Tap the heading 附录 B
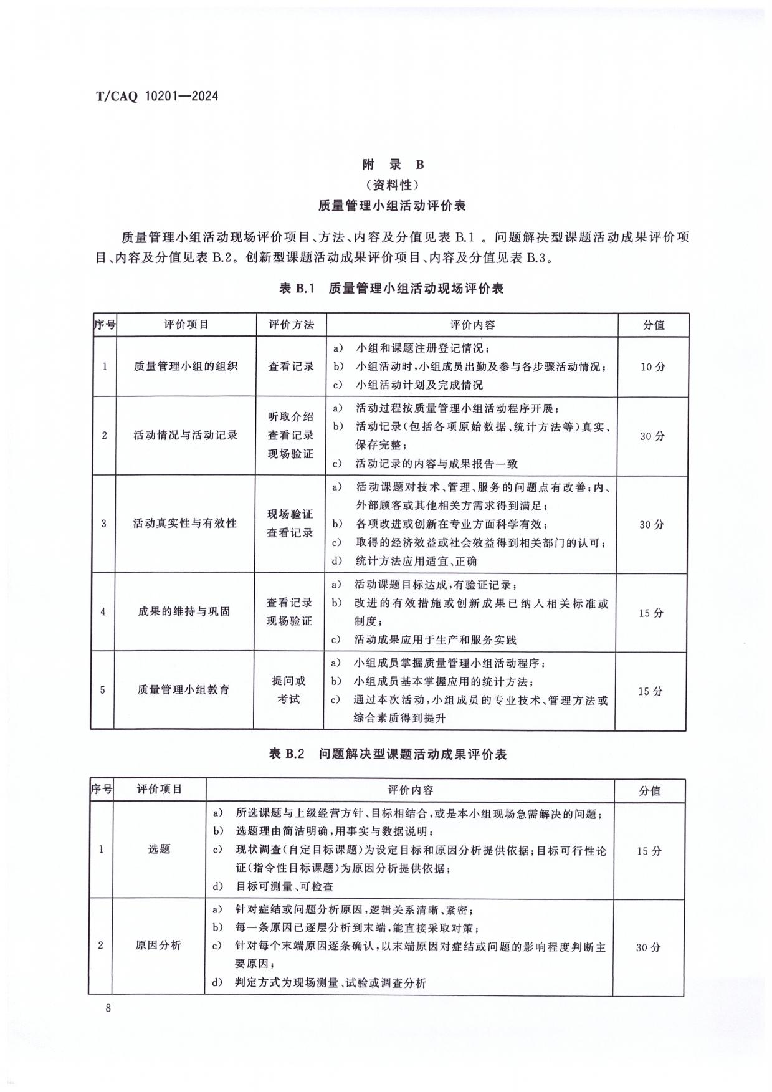393,165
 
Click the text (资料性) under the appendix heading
392,184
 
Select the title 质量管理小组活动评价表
392,205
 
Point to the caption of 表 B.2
388,754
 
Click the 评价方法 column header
291,325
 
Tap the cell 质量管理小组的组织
186,366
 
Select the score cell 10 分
652,367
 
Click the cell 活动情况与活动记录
186,435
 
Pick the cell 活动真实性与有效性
185,524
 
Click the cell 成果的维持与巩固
184,611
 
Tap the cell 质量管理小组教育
183,690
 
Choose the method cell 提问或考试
288,690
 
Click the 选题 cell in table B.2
159,849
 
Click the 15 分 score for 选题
649,851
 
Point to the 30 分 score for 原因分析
648,947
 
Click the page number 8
108,1008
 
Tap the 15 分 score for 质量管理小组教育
650,691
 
